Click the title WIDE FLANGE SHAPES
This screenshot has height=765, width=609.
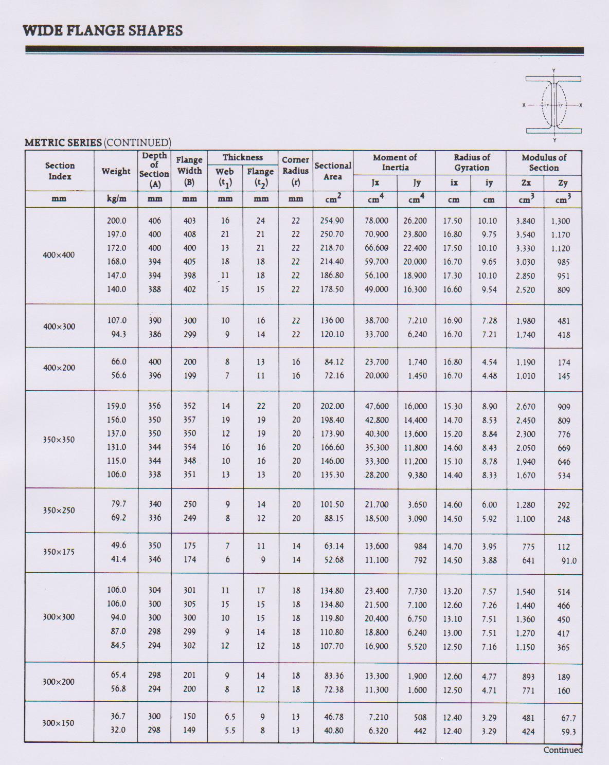click(103, 31)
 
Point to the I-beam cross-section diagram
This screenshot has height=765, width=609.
click(553, 105)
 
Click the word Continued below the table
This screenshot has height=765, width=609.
click(563, 750)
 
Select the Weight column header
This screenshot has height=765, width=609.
click(116, 171)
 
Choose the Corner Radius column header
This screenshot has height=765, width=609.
click(295, 171)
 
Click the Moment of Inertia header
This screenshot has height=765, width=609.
click(395, 162)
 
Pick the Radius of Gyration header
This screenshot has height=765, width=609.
click(471, 162)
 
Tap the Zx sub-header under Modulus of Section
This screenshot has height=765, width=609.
click(526, 183)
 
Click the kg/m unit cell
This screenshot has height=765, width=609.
click(116, 199)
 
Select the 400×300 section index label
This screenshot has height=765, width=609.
click(59, 326)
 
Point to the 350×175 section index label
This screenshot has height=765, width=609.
click(59, 552)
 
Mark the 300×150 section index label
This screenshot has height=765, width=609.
click(58, 723)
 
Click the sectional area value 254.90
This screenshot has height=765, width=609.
click(332, 221)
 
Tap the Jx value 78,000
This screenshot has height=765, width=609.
click(377, 221)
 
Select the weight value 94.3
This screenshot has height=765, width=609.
click(118, 334)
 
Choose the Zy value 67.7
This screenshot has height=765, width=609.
click(568, 718)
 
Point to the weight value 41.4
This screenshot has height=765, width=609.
click(118, 559)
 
